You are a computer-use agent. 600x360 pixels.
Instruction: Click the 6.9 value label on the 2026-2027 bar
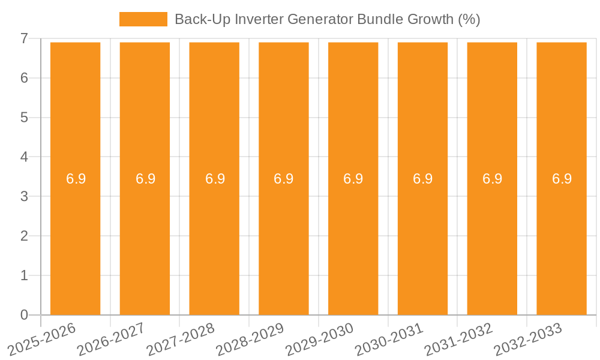(x=145, y=179)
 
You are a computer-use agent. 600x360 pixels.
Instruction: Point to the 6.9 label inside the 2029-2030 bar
(x=353, y=179)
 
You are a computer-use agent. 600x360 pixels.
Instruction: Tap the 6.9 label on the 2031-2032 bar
(x=492, y=179)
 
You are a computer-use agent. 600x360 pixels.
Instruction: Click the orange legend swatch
(x=143, y=19)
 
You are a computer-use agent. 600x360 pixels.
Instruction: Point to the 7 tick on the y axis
(x=24, y=39)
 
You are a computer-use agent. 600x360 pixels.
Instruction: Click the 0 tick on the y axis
(x=24, y=315)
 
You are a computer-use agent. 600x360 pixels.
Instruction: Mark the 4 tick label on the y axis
(x=24, y=157)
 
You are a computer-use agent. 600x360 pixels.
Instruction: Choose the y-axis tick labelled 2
(x=24, y=236)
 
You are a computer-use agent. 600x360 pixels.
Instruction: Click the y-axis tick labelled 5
(x=24, y=118)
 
